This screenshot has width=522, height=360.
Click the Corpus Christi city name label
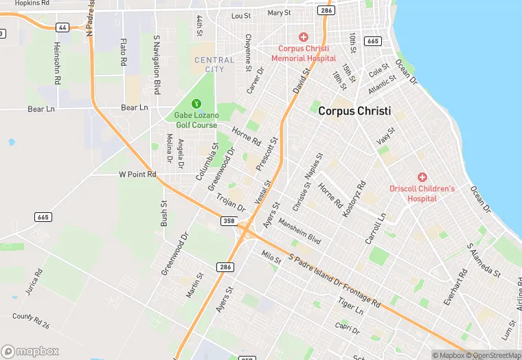354,111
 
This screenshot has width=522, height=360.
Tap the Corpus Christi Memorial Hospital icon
303,36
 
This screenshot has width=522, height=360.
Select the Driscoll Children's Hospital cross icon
422,177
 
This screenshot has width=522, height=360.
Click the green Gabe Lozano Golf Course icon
196,104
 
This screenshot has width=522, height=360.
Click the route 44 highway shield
63,27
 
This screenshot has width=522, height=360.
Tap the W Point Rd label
137,175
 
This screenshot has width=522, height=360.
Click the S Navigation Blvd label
157,65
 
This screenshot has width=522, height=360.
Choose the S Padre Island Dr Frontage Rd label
334,280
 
